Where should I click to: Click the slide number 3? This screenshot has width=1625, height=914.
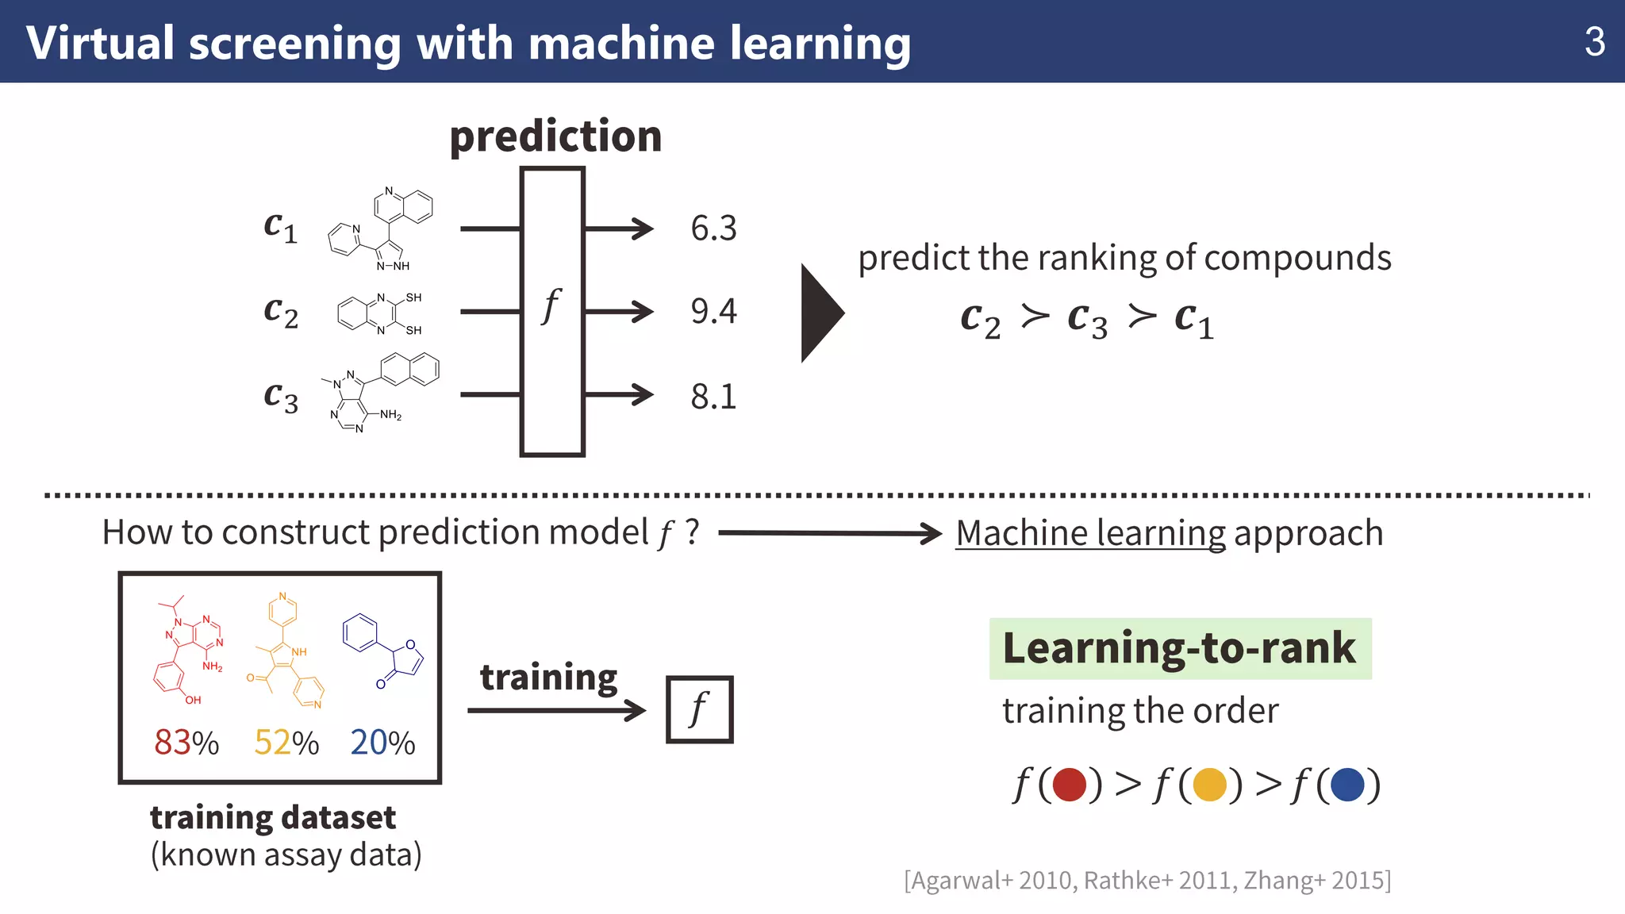pyautogui.click(x=1594, y=42)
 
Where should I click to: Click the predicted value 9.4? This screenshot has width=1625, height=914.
pyautogui.click(x=713, y=311)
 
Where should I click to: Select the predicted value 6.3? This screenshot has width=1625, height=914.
pyautogui.click(x=713, y=228)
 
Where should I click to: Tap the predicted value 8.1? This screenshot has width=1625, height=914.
pyautogui.click(x=713, y=396)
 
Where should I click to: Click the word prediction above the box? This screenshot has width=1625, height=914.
pyautogui.click(x=555, y=136)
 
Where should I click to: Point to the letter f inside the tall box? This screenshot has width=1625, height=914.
pyautogui.click(x=551, y=305)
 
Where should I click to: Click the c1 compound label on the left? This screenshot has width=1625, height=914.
pyautogui.click(x=280, y=227)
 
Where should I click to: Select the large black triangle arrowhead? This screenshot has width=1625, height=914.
pyautogui.click(x=820, y=313)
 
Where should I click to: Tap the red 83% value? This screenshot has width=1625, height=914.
pyautogui.click(x=186, y=743)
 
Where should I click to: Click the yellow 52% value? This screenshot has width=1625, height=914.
pyautogui.click(x=286, y=743)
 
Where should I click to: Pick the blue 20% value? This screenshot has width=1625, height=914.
pyautogui.click(x=382, y=743)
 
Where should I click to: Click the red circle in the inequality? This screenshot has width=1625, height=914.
pyautogui.click(x=1069, y=785)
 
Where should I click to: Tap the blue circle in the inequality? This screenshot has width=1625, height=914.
pyautogui.click(x=1347, y=785)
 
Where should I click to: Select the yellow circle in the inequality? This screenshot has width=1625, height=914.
pyautogui.click(x=1209, y=785)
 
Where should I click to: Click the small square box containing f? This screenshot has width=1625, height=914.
pyautogui.click(x=699, y=709)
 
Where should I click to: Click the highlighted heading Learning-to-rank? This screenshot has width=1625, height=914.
pyautogui.click(x=1179, y=648)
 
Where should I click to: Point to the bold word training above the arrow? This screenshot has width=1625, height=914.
pyautogui.click(x=548, y=677)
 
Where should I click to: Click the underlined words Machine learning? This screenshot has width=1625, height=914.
pyautogui.click(x=1090, y=533)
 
